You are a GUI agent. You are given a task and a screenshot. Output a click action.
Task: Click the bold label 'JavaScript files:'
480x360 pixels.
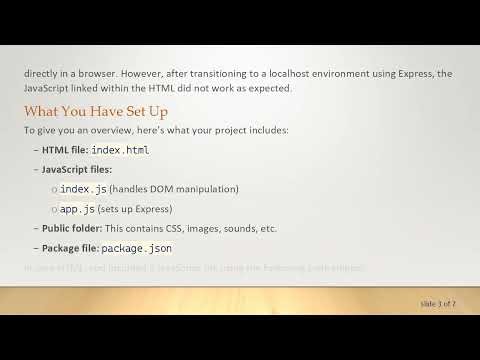(x=77, y=169)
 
